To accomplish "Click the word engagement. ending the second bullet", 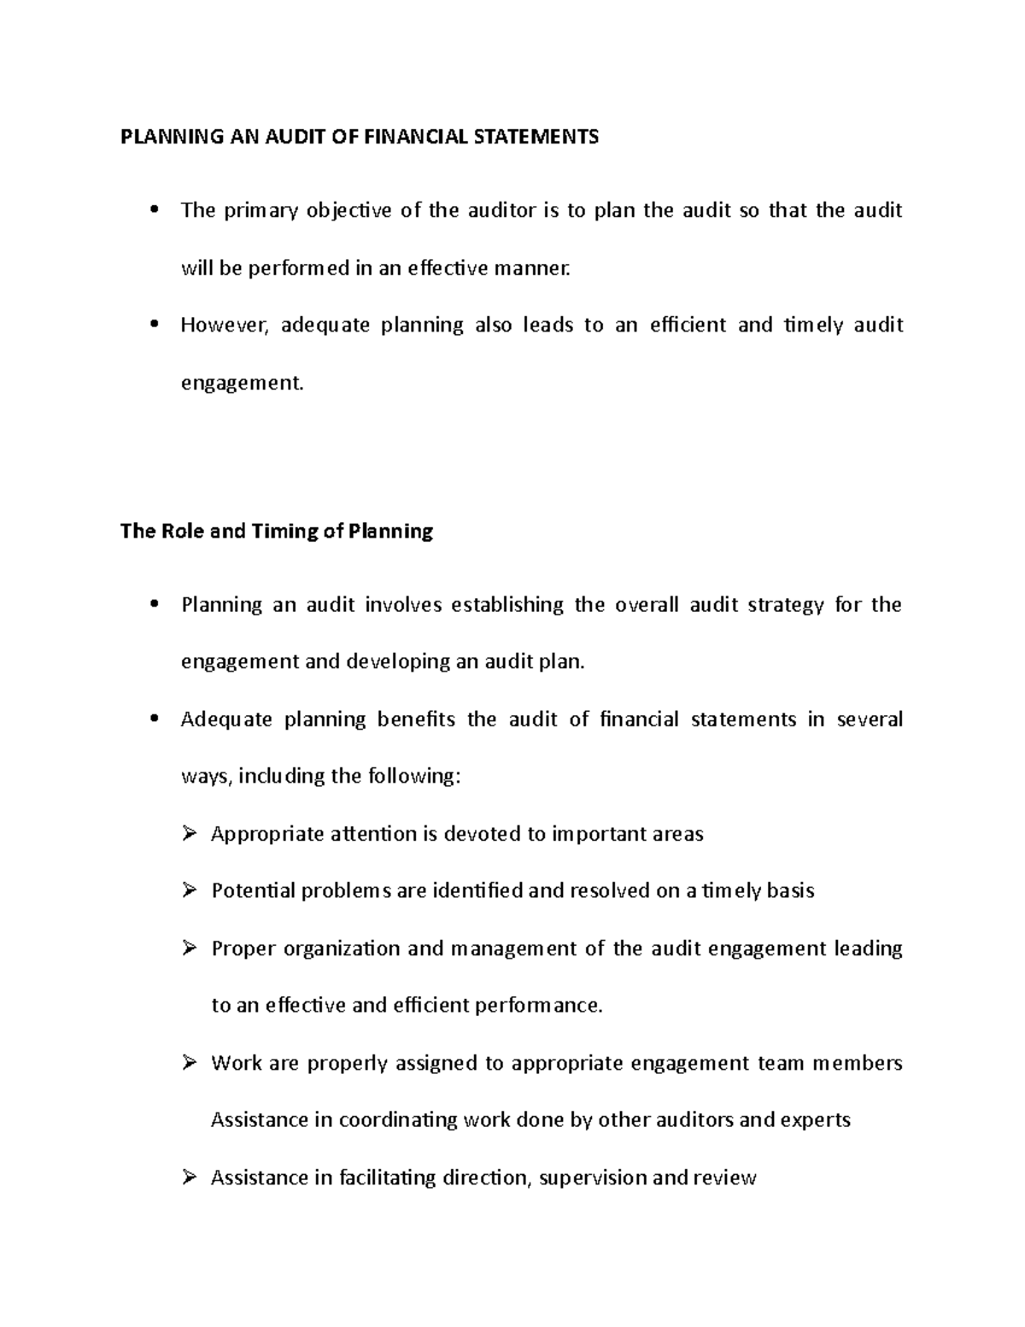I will pyautogui.click(x=242, y=383).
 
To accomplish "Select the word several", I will pyautogui.click(x=870, y=719).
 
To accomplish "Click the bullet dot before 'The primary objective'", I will pyautogui.click(x=155, y=210).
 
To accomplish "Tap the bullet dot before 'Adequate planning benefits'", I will pyautogui.click(x=155, y=719).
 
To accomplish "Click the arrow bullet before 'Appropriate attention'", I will pyautogui.click(x=190, y=833).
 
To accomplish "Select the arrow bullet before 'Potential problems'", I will pyautogui.click(x=190, y=890).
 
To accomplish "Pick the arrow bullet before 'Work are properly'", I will pyautogui.click(x=190, y=1063).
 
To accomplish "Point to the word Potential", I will pyautogui.click(x=252, y=890).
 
